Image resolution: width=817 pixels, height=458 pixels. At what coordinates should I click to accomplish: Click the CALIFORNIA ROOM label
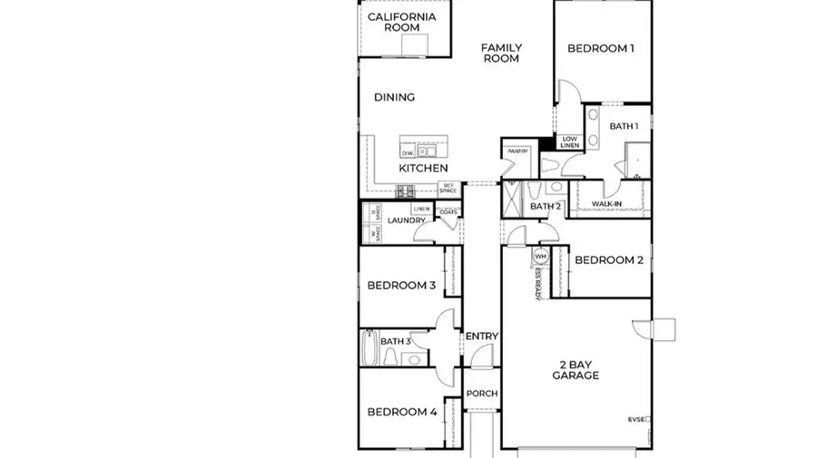click(x=402, y=22)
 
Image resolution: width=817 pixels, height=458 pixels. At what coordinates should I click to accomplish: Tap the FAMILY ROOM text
click(x=500, y=53)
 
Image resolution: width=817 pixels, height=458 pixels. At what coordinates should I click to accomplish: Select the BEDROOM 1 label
click(x=600, y=49)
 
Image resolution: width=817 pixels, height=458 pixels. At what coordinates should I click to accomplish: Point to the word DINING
click(x=395, y=97)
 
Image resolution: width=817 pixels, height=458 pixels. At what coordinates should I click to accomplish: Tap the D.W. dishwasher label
click(x=408, y=153)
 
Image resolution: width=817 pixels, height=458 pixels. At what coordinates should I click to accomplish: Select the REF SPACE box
click(x=448, y=189)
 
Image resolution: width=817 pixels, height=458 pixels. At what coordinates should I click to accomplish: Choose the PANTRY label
click(x=517, y=151)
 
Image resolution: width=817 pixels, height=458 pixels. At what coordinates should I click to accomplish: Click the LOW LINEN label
click(x=569, y=141)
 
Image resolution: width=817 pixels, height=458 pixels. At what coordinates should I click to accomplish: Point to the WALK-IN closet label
click(x=605, y=205)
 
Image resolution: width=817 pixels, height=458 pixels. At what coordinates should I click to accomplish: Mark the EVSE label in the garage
click(x=638, y=420)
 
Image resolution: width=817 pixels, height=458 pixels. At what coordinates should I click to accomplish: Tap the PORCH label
click(x=481, y=394)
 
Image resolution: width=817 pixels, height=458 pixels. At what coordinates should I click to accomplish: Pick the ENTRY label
click(x=481, y=336)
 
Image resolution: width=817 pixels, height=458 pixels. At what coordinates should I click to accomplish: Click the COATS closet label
click(x=448, y=213)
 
